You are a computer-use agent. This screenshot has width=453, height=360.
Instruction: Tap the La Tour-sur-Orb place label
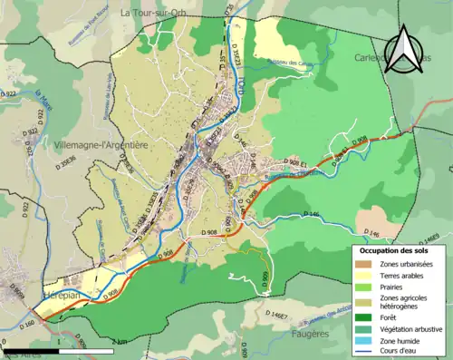pos(159,13)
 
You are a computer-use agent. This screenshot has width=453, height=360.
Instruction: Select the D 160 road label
pos(25,324)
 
